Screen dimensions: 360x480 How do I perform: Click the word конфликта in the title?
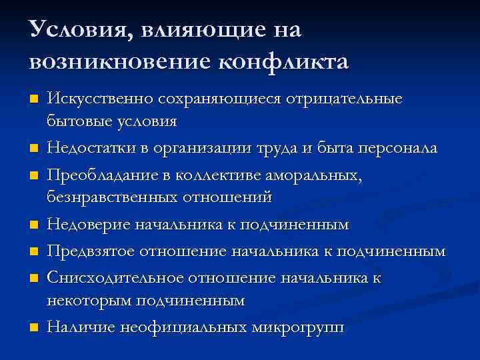click(283, 61)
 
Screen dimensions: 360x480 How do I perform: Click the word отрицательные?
click(344, 99)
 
